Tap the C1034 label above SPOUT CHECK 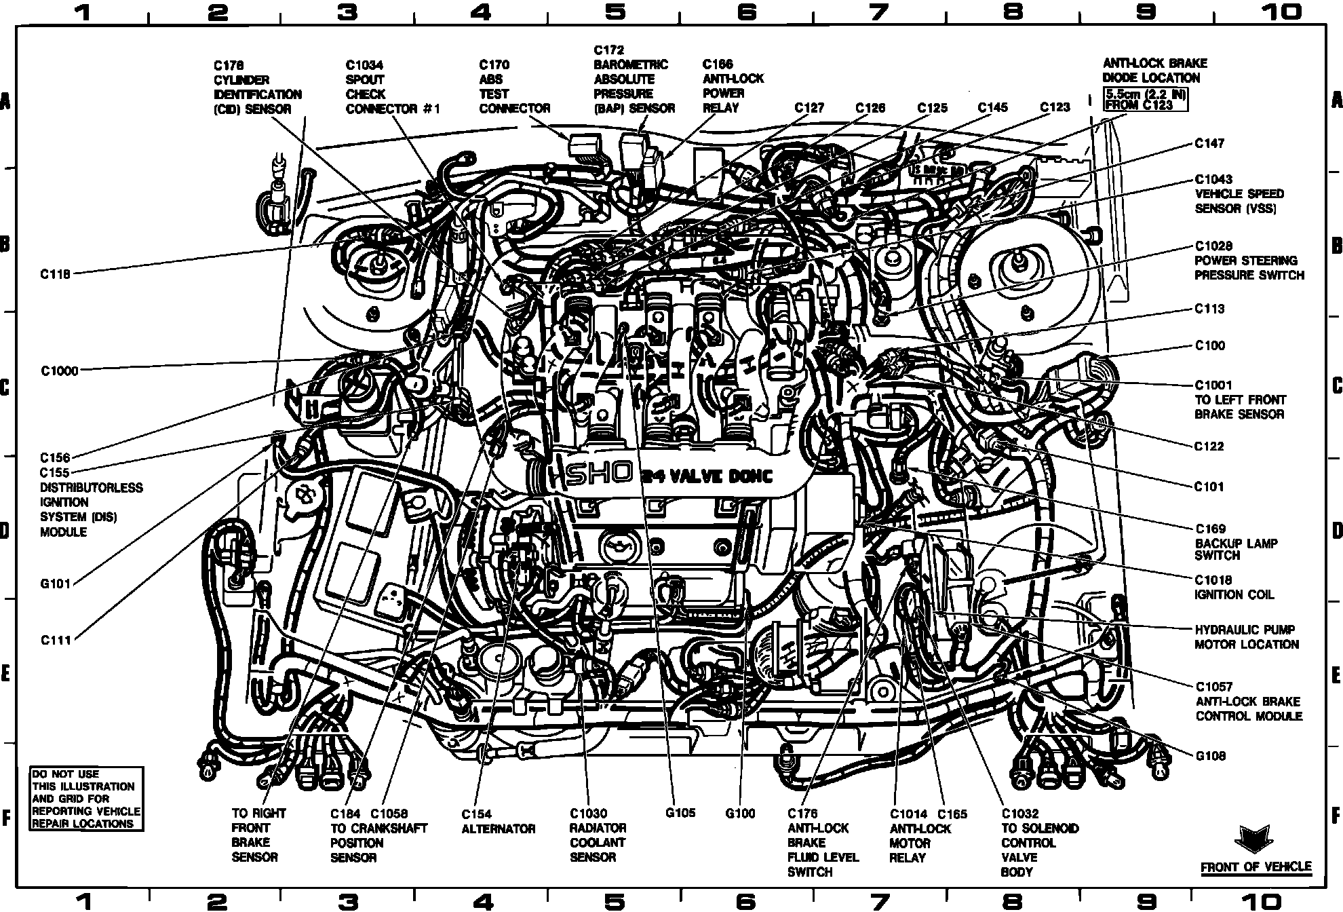[x=364, y=65]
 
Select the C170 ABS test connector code [x=494, y=65]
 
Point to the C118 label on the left [x=55, y=275]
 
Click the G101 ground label [x=55, y=584]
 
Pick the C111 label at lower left [x=55, y=640]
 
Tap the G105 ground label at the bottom [x=680, y=813]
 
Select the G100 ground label [x=740, y=813]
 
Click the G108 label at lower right [x=1211, y=756]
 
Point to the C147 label [x=1209, y=143]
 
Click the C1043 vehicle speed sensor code [x=1213, y=179]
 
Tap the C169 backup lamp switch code [x=1210, y=529]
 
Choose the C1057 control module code [x=1213, y=687]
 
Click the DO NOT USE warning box [x=86, y=799]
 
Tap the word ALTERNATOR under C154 [x=499, y=829]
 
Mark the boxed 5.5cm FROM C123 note [x=1146, y=100]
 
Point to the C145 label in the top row [x=992, y=107]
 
